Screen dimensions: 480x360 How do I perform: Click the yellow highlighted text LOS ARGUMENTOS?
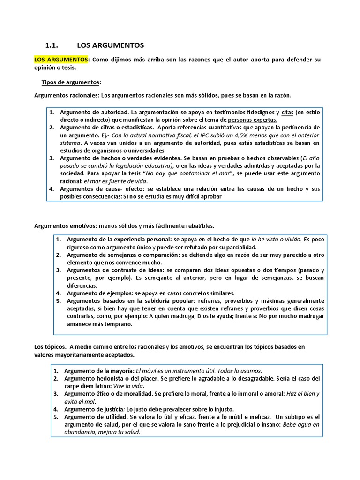click(x=61, y=60)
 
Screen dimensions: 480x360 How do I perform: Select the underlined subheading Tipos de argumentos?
click(x=71, y=82)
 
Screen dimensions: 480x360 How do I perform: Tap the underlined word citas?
click(x=287, y=112)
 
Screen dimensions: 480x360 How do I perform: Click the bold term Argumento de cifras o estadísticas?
click(x=106, y=127)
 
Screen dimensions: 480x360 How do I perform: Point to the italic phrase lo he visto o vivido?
click(x=277, y=240)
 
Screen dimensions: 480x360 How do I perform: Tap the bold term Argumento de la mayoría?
click(x=99, y=370)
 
